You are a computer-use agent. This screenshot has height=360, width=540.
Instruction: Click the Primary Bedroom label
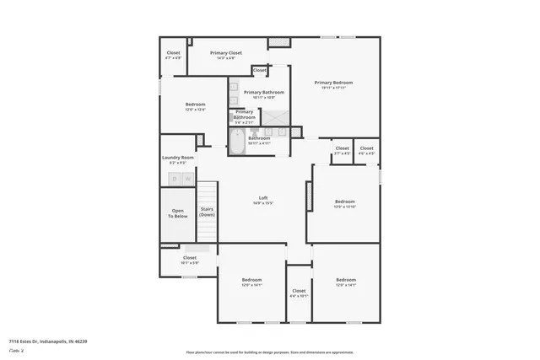333,82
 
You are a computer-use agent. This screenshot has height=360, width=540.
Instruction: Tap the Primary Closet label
225,53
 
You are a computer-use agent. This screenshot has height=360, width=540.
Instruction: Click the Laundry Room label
178,158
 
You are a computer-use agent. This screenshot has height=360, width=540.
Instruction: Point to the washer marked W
187,179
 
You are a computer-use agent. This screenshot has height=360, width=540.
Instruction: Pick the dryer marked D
175,179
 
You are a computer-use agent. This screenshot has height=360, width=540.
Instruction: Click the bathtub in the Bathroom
237,142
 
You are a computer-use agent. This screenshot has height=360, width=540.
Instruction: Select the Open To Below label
178,213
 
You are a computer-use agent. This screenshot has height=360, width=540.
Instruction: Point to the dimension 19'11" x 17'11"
333,87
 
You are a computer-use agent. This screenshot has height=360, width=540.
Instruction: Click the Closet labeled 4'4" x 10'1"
299,291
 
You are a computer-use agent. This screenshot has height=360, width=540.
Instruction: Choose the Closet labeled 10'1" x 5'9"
189,258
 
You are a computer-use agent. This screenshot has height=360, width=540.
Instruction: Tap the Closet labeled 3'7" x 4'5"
342,148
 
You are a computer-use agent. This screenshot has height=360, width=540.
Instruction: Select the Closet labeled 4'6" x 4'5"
366,148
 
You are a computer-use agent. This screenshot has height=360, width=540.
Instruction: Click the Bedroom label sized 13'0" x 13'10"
345,201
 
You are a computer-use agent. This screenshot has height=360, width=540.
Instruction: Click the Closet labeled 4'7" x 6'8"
173,53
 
